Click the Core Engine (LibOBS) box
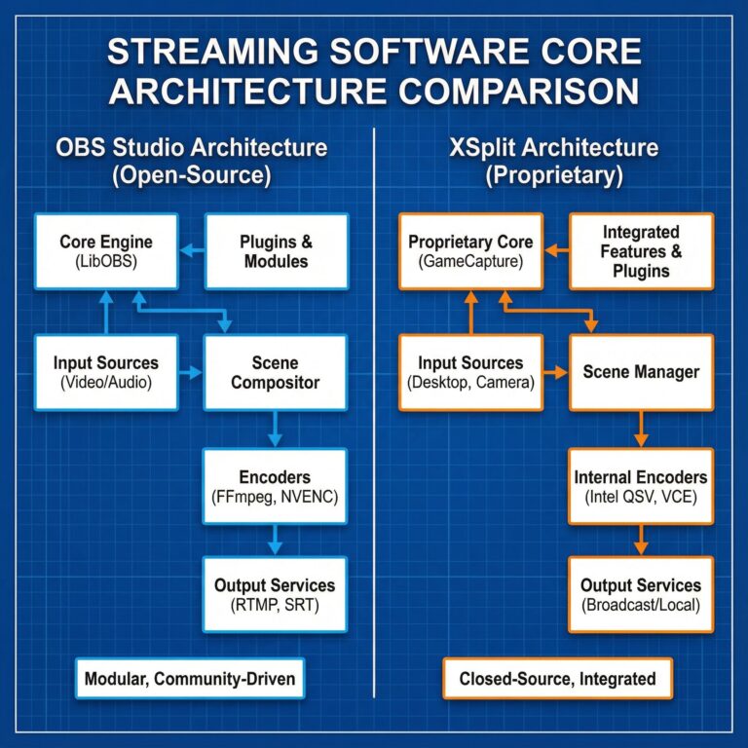coord(106,251)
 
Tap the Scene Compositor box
coord(275,373)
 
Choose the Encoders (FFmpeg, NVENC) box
coord(275,486)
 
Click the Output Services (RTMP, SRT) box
coord(275,594)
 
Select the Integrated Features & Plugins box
coord(642,251)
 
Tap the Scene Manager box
coord(641,373)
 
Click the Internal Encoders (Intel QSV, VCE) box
coord(641,486)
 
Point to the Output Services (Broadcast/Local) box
coord(641,594)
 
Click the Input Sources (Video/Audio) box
coord(106,373)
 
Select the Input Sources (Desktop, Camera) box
coord(470,373)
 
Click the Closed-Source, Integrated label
coord(558,678)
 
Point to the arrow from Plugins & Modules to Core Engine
coord(192,251)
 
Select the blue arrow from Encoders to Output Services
coord(275,539)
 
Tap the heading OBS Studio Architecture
coord(190,148)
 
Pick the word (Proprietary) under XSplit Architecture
coord(554,177)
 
